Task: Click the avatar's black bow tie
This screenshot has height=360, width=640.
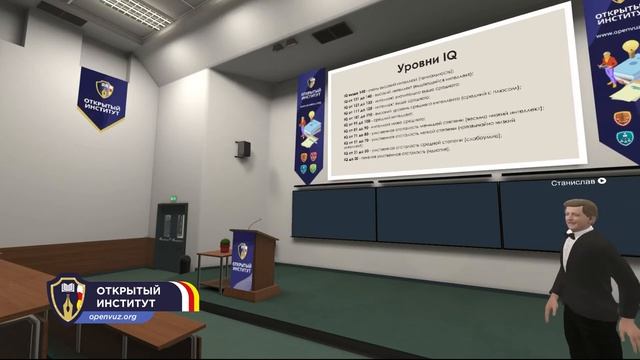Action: pyautogui.click(x=574, y=239)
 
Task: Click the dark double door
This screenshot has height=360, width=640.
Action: pyautogui.click(x=171, y=237)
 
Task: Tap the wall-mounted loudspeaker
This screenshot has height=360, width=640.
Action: pyautogui.click(x=243, y=149)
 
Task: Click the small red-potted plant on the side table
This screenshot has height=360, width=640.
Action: pyautogui.click(x=224, y=245)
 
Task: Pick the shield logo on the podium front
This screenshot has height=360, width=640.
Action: pyautogui.click(x=241, y=250)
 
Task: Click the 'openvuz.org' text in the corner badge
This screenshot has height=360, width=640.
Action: pyautogui.click(x=121, y=316)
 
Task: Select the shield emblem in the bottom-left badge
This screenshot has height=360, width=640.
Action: pyautogui.click(x=68, y=299)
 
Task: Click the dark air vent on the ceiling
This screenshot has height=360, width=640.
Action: pyautogui.click(x=332, y=32)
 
